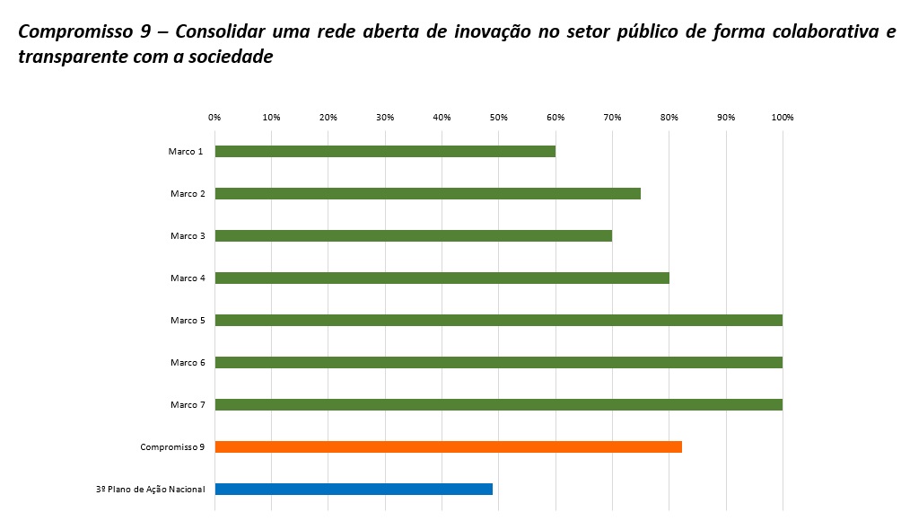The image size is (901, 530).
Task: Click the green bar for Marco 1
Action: tap(385, 151)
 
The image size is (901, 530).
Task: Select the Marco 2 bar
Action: tap(427, 193)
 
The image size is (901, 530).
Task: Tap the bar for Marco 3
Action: tap(413, 235)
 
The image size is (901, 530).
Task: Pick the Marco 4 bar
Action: tap(442, 278)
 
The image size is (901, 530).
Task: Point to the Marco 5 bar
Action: tap(498, 320)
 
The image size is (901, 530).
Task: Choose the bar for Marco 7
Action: tap(498, 404)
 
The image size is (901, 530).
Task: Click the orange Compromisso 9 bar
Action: tap(448, 446)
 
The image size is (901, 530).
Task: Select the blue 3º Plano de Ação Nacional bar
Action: tap(354, 489)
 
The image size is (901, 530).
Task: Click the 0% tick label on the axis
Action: tap(214, 118)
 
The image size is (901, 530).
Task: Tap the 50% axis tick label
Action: tap(499, 118)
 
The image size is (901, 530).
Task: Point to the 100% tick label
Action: tap(783, 118)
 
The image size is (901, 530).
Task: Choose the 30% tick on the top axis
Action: tap(385, 118)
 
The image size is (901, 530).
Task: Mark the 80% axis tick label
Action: tap(669, 118)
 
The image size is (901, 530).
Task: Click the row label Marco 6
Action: tap(188, 363)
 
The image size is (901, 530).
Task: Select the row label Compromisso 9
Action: tap(172, 447)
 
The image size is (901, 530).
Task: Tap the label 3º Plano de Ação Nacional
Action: tap(150, 490)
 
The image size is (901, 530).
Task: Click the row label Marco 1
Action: tap(186, 152)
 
